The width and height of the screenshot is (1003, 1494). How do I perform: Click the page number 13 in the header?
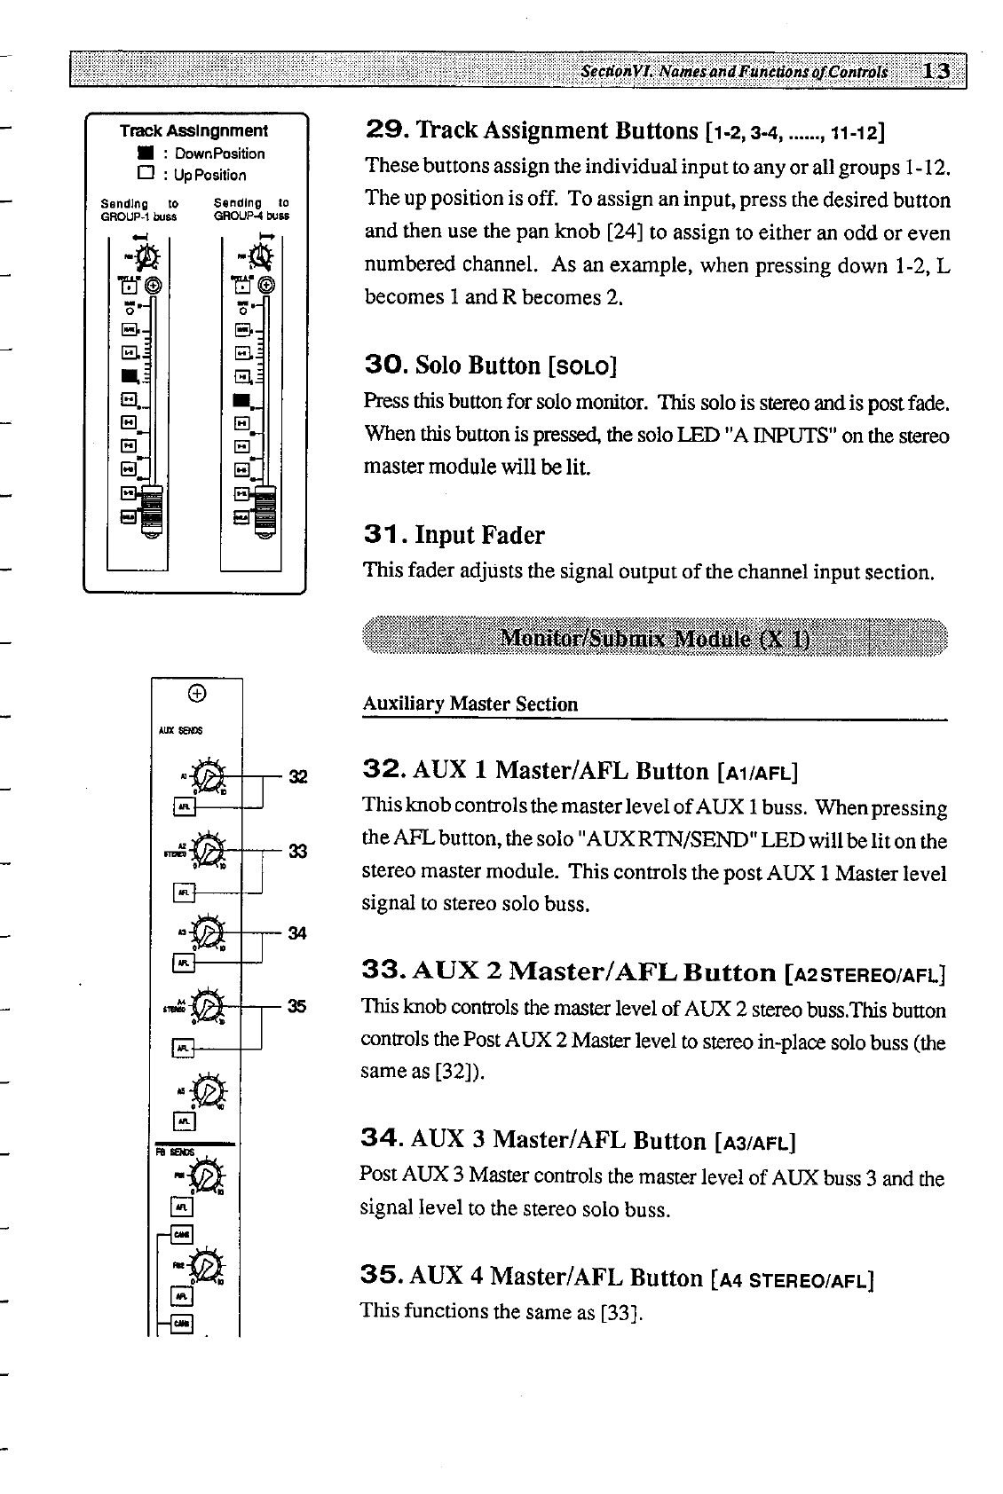(x=936, y=71)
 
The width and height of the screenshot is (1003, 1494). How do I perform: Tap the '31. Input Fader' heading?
(x=454, y=535)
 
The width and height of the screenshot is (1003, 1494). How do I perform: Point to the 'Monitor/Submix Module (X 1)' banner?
(x=654, y=639)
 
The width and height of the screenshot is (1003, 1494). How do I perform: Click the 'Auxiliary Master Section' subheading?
(x=470, y=704)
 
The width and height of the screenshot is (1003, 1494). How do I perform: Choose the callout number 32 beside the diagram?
(x=297, y=778)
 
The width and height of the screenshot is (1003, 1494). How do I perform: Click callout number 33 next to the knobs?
(x=297, y=852)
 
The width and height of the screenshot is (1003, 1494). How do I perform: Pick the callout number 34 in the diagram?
(x=297, y=932)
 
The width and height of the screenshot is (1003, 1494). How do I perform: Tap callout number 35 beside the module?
(x=297, y=1006)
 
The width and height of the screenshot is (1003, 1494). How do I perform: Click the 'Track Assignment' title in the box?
(x=193, y=130)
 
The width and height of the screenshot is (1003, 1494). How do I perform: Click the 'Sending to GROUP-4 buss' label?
(x=252, y=208)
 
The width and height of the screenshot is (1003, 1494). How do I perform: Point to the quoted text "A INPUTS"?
(x=791, y=436)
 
